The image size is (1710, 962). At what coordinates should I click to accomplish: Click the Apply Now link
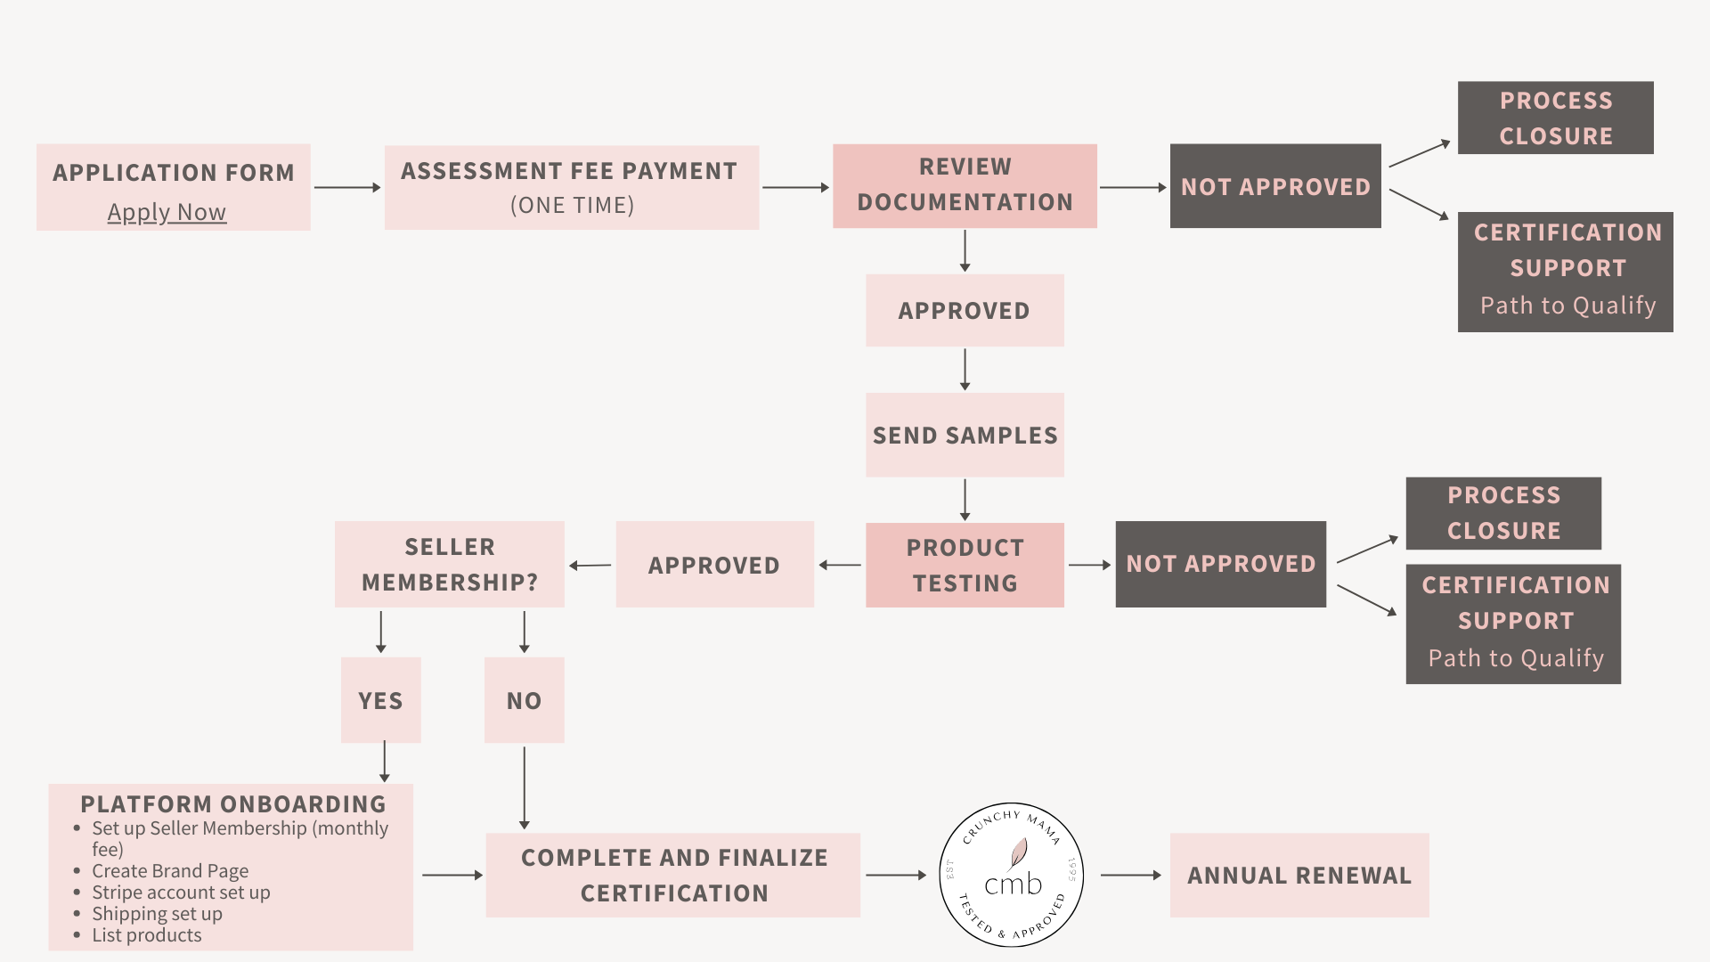click(167, 212)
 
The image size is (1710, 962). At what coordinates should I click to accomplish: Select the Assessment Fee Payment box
click(572, 187)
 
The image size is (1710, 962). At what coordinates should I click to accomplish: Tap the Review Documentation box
click(965, 185)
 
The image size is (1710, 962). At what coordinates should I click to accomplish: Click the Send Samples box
click(965, 435)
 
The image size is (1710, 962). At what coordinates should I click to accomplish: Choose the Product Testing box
click(965, 565)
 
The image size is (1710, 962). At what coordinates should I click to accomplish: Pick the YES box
click(380, 700)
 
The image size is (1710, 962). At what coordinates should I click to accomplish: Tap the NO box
click(524, 700)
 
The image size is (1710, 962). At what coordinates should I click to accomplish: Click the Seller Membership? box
click(450, 564)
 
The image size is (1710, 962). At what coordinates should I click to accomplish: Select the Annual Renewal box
click(1299, 875)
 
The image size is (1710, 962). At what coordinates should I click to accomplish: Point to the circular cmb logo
click(1012, 875)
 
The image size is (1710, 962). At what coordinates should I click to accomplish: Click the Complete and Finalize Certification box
click(673, 875)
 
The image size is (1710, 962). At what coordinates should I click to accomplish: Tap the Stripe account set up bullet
click(181, 892)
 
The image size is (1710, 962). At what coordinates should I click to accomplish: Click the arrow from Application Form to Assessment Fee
click(347, 187)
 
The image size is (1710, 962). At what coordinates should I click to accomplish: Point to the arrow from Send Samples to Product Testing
click(965, 500)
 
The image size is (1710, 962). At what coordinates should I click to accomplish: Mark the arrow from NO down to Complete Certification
click(524, 788)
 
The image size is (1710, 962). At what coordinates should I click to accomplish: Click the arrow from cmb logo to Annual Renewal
click(1131, 875)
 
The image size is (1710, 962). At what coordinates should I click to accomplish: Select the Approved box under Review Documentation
click(965, 310)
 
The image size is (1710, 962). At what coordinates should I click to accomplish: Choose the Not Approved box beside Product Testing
click(1221, 564)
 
